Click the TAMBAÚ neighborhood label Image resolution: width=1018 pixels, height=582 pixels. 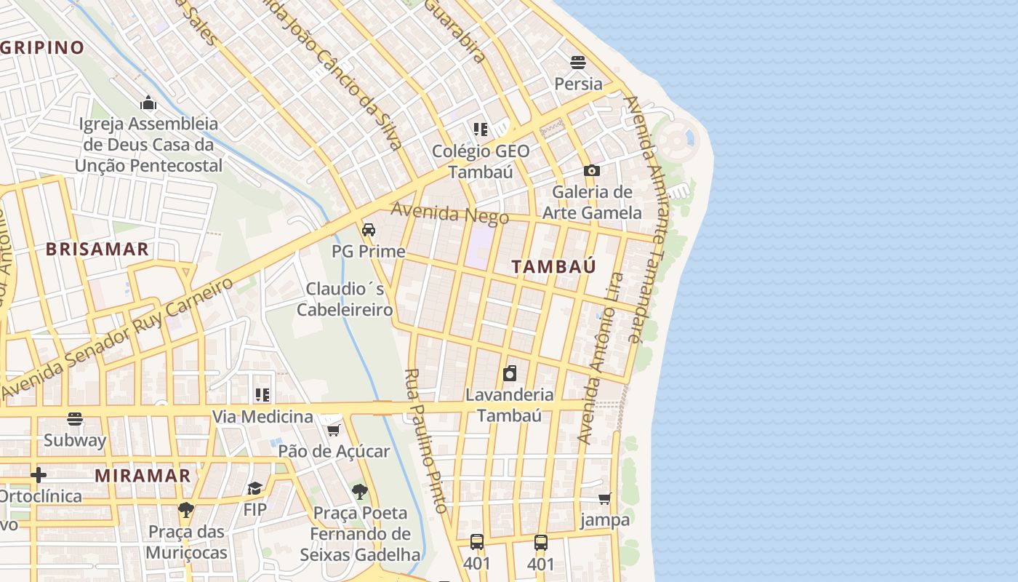553,266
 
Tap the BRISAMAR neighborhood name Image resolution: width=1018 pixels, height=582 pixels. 97,249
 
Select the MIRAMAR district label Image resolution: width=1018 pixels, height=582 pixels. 143,476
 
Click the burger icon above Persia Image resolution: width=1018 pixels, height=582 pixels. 578,63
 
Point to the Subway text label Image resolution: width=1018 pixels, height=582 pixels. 75,440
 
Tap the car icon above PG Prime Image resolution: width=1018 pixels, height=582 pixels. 369,230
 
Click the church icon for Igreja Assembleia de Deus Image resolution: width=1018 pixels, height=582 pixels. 148,103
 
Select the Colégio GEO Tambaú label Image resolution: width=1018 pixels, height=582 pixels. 481,161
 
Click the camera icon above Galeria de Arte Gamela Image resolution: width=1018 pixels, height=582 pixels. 592,170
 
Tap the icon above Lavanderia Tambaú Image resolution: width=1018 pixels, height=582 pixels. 510,373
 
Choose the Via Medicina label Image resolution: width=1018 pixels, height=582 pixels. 262,417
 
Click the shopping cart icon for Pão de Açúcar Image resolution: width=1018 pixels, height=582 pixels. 333,430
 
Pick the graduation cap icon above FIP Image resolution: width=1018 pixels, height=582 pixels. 254,488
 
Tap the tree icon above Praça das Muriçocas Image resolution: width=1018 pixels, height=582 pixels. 186,509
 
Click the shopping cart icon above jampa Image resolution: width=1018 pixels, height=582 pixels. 604,499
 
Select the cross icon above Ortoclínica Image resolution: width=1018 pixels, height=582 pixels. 39,475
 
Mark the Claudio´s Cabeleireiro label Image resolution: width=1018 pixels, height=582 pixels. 345,299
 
